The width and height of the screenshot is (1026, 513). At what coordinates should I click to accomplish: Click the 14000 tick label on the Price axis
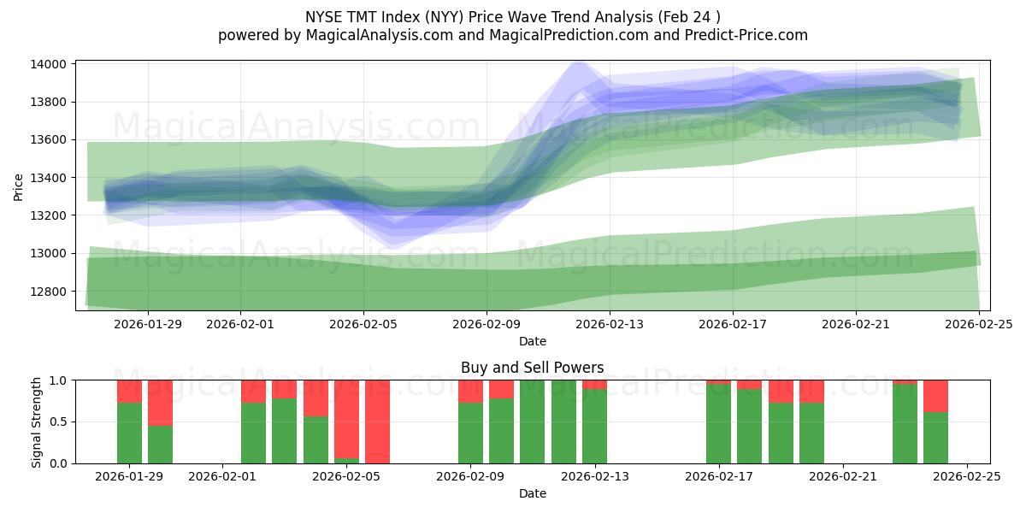point(50,65)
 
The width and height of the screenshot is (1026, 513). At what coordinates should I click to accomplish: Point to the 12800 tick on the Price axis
point(50,292)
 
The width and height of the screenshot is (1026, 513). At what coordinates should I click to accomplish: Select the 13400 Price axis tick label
point(50,178)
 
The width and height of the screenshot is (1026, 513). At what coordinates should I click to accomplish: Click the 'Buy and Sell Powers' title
point(532,368)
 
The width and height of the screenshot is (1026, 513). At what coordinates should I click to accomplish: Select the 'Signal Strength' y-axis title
point(36,422)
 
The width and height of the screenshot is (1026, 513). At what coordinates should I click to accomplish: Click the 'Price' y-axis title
point(19,186)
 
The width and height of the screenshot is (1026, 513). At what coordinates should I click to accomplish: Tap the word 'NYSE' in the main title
point(323,16)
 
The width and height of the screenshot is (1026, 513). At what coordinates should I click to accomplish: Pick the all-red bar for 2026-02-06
point(377,422)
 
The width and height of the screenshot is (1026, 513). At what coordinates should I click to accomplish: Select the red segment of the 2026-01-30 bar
point(160,402)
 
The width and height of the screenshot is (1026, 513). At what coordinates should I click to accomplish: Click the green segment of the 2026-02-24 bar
point(935,438)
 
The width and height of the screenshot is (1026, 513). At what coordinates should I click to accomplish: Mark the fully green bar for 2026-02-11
point(532,422)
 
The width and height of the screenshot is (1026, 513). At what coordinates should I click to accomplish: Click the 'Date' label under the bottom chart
point(532,493)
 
